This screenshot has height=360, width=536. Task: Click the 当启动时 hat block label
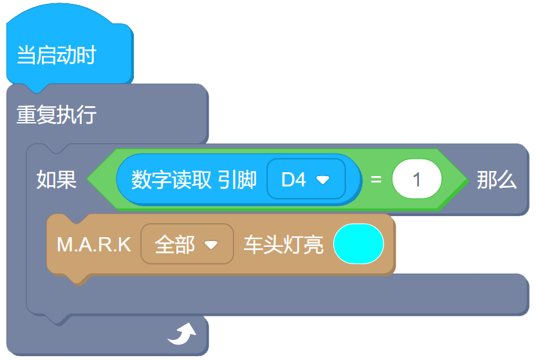pyautogui.click(x=56, y=55)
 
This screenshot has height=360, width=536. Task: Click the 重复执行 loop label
pyautogui.click(x=56, y=115)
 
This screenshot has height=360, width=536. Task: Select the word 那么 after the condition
pyautogui.click(x=497, y=181)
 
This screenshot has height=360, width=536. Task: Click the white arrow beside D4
pyautogui.click(x=323, y=180)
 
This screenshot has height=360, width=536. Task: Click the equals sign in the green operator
pyautogui.click(x=376, y=180)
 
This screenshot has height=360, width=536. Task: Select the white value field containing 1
pyautogui.click(x=417, y=179)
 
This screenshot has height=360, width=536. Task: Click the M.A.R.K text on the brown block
pyautogui.click(x=94, y=245)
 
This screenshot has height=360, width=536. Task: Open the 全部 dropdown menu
pyautogui.click(x=186, y=245)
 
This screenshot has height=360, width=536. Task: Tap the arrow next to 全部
pyautogui.click(x=210, y=246)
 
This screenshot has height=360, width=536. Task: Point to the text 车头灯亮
pyautogui.click(x=283, y=245)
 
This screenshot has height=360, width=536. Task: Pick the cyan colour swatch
pyautogui.click(x=358, y=244)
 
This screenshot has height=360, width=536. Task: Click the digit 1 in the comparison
pyautogui.click(x=417, y=179)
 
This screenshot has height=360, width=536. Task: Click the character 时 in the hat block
pyautogui.click(x=86, y=55)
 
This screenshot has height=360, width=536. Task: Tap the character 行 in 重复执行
pyautogui.click(x=86, y=115)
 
